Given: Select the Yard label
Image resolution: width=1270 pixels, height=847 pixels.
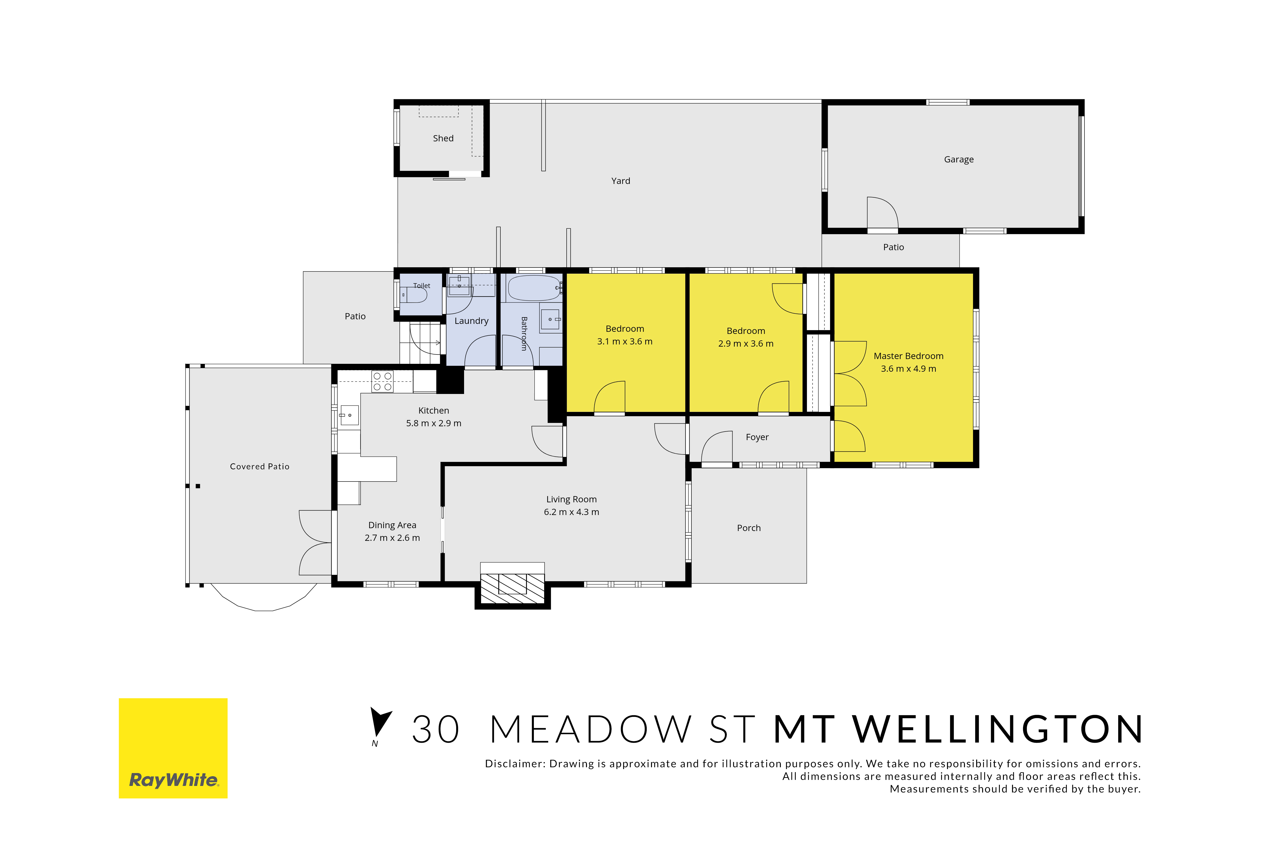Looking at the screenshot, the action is tap(620, 181).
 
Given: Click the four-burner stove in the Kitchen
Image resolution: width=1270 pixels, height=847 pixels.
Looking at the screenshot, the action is tap(382, 381).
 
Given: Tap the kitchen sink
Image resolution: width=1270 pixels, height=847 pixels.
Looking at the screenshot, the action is tap(349, 415).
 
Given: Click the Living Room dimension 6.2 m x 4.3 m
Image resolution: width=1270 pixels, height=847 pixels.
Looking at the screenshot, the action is tap(571, 512).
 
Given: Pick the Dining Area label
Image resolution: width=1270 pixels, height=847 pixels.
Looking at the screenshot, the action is tap(392, 525).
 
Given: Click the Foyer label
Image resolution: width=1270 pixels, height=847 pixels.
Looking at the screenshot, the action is tap(757, 437).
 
